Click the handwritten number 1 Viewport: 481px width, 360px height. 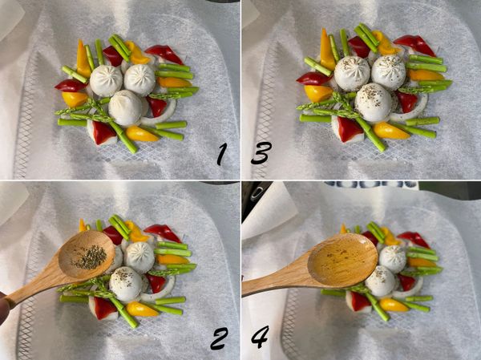pos(221,155)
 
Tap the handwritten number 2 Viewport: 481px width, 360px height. pos(219,338)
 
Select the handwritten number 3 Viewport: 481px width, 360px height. pos(261,153)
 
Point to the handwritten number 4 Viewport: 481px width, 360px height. pos(260,337)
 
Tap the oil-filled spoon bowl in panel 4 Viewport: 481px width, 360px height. pos(342,261)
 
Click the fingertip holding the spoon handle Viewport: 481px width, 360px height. pos(4,308)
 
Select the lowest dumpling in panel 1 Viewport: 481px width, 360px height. pos(126,107)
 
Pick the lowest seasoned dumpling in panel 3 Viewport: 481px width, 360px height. pos(373,102)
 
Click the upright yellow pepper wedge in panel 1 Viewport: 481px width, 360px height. pos(83,59)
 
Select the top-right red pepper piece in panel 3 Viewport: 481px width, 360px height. pos(414,45)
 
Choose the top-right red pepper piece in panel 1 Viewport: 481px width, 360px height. pos(164,54)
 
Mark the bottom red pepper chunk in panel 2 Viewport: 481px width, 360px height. pos(103,308)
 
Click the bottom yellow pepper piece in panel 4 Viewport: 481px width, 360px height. pos(394,305)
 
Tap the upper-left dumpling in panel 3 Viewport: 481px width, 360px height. pos(352,73)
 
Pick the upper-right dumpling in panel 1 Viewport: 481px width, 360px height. pos(139,80)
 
